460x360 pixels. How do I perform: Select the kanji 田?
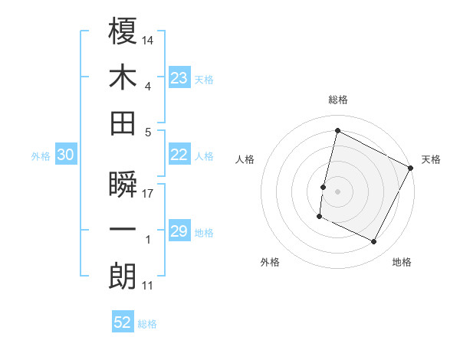123,123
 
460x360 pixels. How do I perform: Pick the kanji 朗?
123,277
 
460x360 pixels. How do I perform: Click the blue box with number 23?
179,77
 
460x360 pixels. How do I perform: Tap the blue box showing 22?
179,155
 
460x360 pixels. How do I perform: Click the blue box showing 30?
66,155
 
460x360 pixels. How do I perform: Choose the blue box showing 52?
123,322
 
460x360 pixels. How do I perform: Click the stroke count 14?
149,39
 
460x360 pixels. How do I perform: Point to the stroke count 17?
149,193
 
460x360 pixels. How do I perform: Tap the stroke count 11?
149,286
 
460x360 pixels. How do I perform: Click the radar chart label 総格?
337,100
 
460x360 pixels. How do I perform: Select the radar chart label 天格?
432,159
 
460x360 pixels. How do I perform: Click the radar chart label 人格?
245,159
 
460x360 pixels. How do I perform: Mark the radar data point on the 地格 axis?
373,241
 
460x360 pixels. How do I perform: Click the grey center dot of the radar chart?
337,191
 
